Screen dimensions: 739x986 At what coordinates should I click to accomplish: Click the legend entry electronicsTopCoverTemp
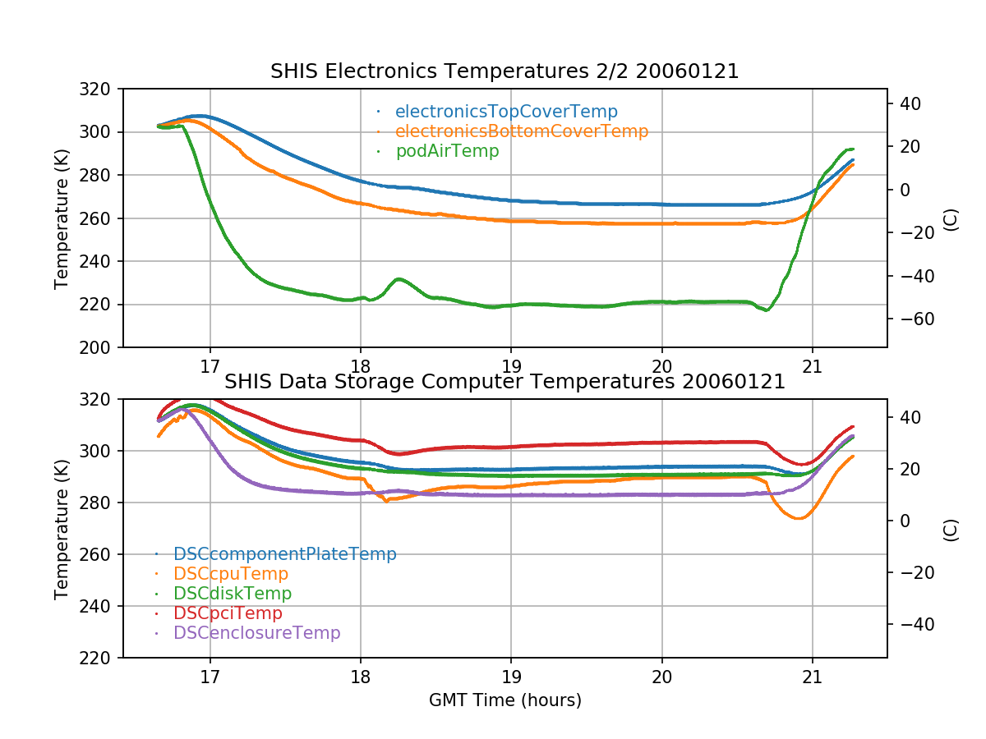click(506, 112)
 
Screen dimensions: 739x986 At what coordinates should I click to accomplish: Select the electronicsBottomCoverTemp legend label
click(522, 131)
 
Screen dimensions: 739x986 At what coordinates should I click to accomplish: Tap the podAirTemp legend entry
click(447, 151)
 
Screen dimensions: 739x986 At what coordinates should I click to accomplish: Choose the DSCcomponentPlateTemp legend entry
click(285, 554)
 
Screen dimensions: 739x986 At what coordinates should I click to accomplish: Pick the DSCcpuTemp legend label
click(231, 574)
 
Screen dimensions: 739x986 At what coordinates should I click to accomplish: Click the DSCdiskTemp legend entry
click(233, 593)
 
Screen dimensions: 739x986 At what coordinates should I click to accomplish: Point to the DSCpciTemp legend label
click(228, 613)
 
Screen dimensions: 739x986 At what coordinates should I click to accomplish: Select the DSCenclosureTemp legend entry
click(256, 633)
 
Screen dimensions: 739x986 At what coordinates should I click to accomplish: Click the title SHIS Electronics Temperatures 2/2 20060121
click(505, 71)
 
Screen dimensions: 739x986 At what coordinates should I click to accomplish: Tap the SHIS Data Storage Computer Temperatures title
click(505, 382)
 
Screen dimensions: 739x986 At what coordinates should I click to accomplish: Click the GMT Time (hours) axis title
click(505, 700)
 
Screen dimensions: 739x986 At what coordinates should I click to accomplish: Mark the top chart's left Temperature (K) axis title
click(62, 218)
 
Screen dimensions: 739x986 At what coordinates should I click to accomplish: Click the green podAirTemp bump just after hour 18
click(399, 279)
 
